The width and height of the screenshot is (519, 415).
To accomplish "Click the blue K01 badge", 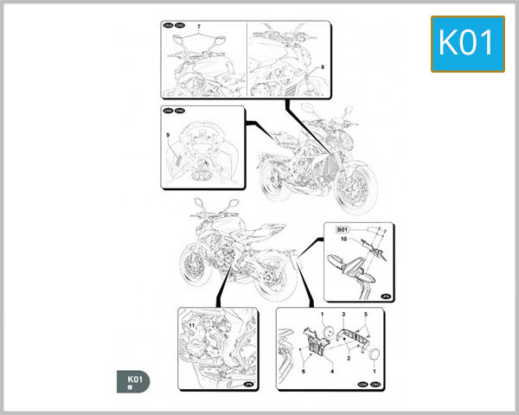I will (x=467, y=42).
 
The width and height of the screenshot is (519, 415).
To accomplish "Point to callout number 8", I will (x=322, y=67).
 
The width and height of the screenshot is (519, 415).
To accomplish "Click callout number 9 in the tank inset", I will (x=170, y=137).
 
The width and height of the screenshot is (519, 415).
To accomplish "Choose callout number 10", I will (x=343, y=238).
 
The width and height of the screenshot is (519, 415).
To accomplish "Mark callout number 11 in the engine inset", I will (x=192, y=325).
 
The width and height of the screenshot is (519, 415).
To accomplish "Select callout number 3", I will (x=343, y=316).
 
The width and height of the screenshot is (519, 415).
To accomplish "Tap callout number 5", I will (x=366, y=316).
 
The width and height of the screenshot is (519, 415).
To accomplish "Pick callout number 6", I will (x=304, y=370).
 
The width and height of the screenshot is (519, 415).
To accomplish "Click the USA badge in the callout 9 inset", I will (x=167, y=111).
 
